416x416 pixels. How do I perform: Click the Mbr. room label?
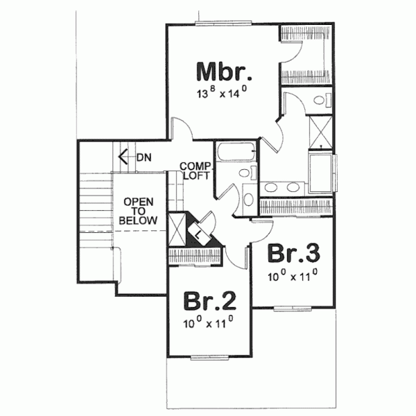click(221, 72)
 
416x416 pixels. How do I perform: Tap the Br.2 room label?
click(209, 302)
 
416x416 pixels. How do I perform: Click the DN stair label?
click(144, 157)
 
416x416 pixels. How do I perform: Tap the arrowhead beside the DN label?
click(123, 157)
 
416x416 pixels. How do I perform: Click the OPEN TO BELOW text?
click(138, 211)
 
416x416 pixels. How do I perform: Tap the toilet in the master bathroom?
click(320, 101)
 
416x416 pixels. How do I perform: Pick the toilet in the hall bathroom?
click(248, 198)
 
